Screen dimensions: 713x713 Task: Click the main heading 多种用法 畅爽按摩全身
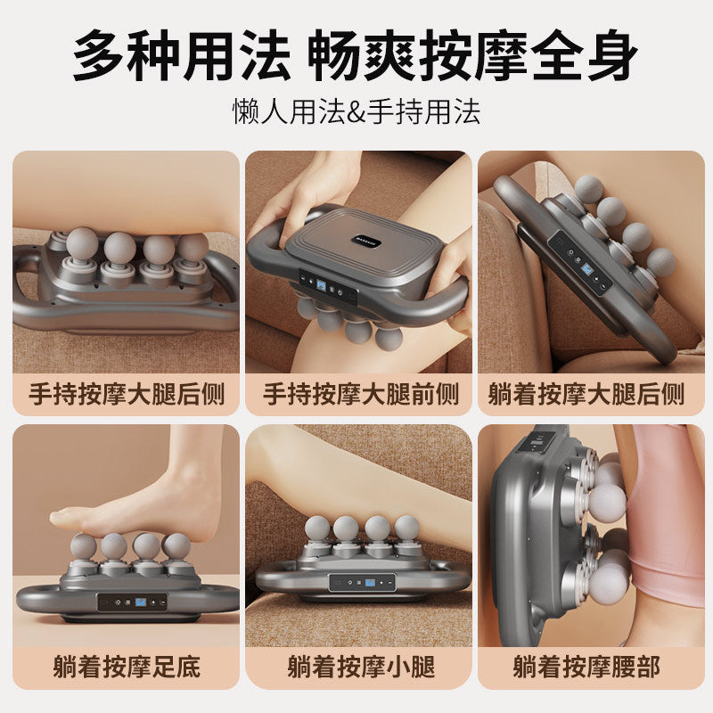[x=356, y=55]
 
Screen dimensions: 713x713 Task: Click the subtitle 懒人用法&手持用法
[x=356, y=111]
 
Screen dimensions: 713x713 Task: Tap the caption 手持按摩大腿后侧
[x=127, y=394]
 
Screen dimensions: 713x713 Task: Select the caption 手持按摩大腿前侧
[x=360, y=394]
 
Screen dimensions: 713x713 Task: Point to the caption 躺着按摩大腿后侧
[x=586, y=394]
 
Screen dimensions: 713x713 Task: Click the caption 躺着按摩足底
[x=127, y=666]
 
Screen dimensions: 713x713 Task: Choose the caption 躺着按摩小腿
[x=360, y=666]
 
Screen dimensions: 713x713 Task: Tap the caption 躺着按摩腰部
[x=586, y=666]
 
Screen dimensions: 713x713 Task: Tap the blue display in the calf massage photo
[x=368, y=584]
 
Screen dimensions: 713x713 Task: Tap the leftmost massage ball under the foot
[x=83, y=546]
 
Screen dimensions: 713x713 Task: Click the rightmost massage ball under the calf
[x=406, y=528]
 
